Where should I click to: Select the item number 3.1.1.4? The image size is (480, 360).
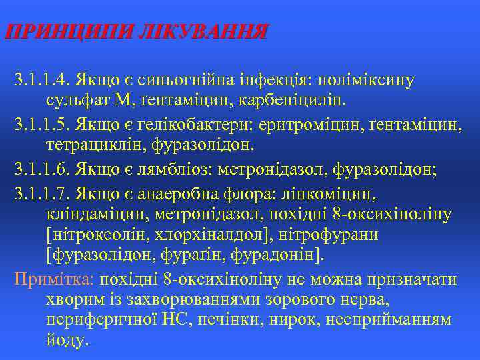[43, 81]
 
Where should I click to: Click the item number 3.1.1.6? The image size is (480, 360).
[43, 169]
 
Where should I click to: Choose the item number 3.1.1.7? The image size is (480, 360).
[43, 193]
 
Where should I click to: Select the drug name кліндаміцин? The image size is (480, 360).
[95, 215]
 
